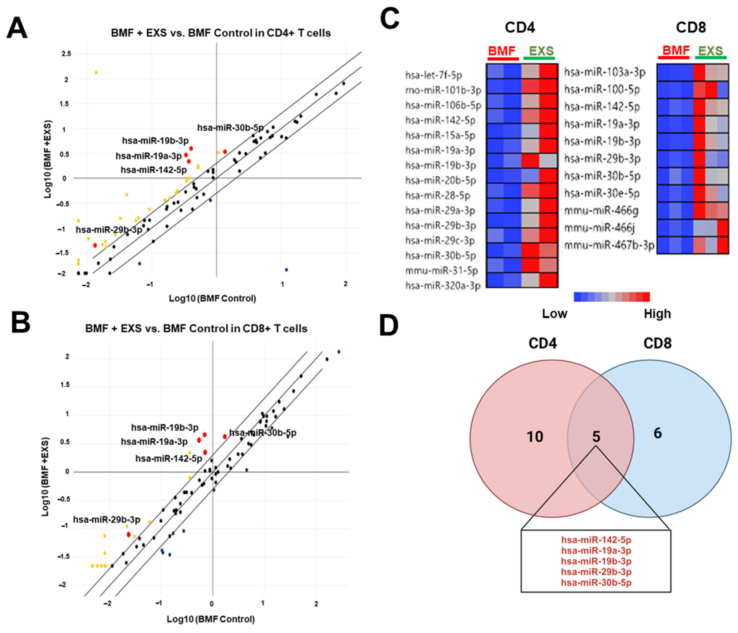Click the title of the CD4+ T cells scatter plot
[x=221, y=33]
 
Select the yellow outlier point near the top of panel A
[x=96, y=73]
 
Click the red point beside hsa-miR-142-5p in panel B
[x=205, y=452]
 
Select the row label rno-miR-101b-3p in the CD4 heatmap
[x=443, y=90]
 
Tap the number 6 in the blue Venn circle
[x=657, y=433]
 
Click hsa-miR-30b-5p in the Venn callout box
[x=596, y=583]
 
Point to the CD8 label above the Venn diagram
[x=657, y=343]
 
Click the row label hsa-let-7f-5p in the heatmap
[x=434, y=75]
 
